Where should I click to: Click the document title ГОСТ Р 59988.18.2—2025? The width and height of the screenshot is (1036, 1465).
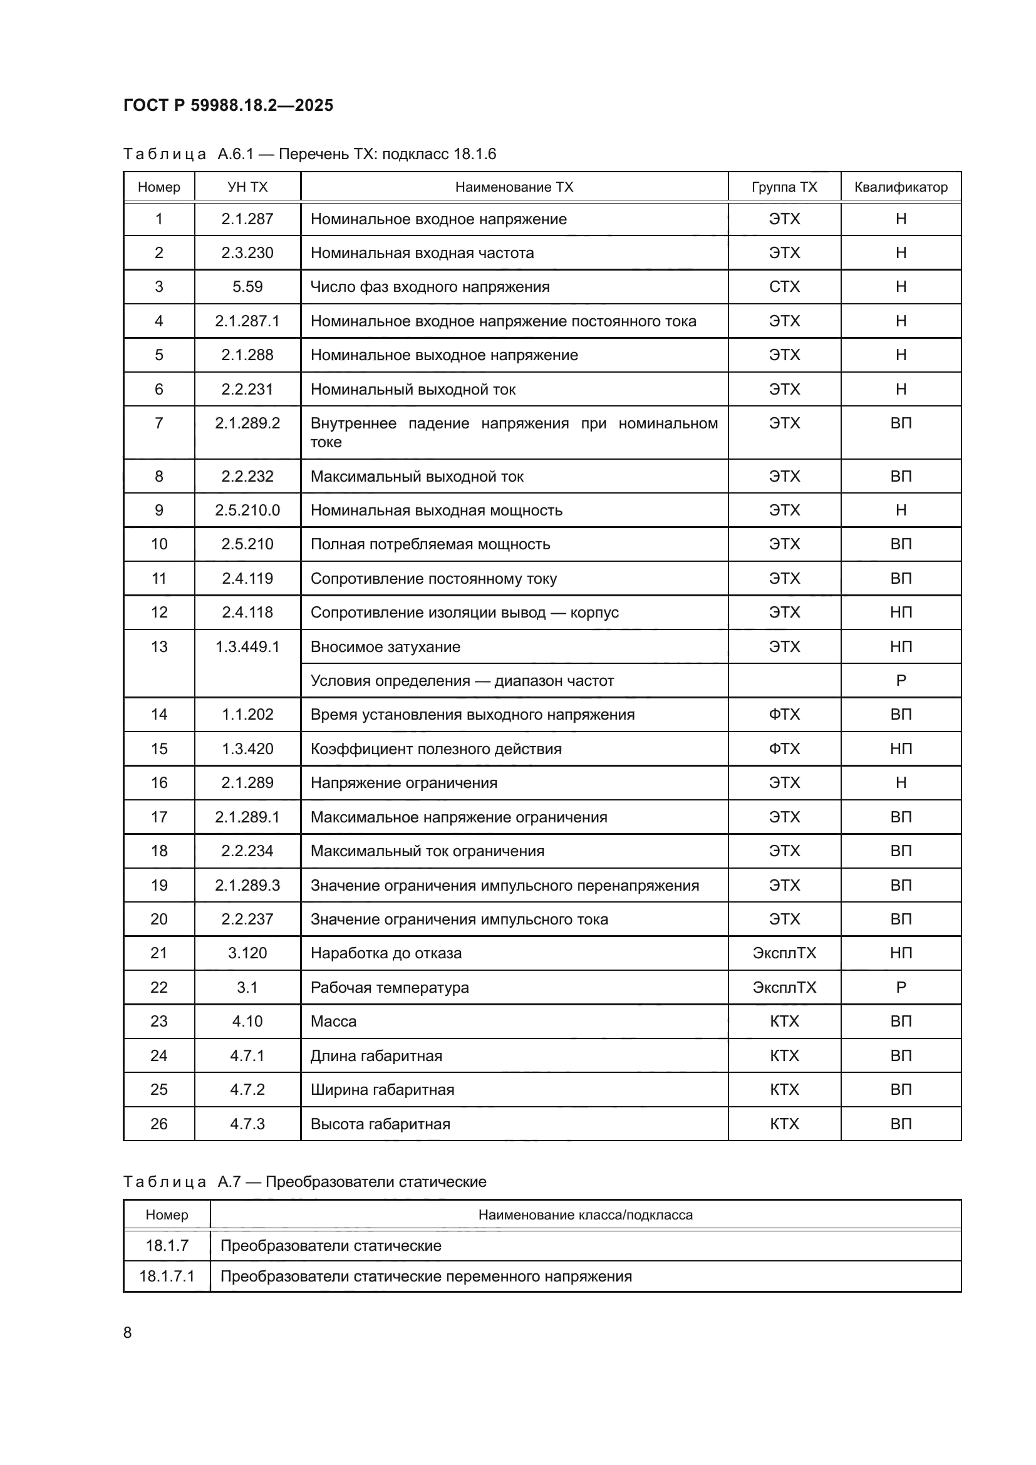pos(229,105)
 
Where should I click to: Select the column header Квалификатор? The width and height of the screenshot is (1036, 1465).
pos(900,187)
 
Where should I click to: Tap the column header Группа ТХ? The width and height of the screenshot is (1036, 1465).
pos(784,187)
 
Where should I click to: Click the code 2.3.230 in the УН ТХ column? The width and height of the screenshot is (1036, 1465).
pos(247,252)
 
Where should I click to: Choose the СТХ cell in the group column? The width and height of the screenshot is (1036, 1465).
pos(784,287)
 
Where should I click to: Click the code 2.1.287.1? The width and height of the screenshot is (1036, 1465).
pos(247,321)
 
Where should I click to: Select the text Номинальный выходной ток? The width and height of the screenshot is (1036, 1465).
pos(413,389)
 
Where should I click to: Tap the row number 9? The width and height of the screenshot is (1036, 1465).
pos(159,510)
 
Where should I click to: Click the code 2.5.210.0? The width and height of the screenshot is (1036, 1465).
pos(247,510)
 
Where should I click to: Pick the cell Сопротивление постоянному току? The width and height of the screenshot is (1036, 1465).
pos(433,579)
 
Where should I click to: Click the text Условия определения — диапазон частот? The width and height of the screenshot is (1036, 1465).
pos(462,681)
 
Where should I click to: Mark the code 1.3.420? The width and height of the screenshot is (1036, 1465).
pos(247,749)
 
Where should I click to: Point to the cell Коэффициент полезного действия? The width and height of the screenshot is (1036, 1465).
pos(436,749)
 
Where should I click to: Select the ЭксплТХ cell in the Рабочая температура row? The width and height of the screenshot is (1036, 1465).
pos(784,988)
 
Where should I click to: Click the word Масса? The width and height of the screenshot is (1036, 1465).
pos(333,1022)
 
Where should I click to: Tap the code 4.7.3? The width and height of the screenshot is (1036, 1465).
pos(247,1124)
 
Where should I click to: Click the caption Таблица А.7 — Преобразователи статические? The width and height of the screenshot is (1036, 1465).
pos(304,1182)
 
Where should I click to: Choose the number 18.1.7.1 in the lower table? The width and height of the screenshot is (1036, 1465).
pos(167,1276)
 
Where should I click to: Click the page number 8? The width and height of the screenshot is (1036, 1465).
pos(128,1333)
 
